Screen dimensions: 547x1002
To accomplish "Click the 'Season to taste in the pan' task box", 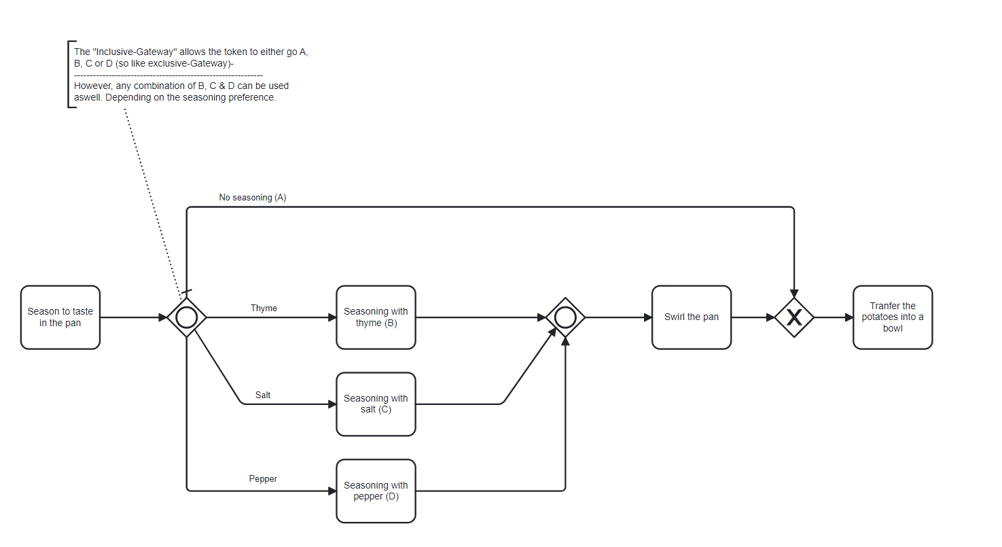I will point(60,317).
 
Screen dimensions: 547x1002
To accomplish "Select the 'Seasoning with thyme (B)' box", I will point(376,317).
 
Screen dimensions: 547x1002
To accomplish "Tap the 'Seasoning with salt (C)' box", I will point(376,404).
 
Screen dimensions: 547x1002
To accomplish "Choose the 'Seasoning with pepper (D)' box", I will point(376,491).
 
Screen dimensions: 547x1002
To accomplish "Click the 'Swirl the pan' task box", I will point(691,317).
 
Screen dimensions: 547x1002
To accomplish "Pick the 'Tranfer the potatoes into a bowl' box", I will point(893,317).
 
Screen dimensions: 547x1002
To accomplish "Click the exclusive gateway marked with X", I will point(794,317).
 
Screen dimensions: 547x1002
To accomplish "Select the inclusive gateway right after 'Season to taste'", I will point(187,317).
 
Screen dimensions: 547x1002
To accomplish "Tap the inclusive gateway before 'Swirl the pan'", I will point(565,317).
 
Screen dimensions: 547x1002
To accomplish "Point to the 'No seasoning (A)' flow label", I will point(253,198).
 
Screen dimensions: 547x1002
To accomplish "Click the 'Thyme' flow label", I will point(264,308).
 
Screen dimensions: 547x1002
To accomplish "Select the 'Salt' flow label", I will point(263,395).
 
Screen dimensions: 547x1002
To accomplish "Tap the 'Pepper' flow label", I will point(263,479).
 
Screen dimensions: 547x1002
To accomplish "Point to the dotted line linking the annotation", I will point(153,204).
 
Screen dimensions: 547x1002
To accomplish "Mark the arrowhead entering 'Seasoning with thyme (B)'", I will point(332,317).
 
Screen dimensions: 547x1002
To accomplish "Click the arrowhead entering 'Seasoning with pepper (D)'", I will point(332,491).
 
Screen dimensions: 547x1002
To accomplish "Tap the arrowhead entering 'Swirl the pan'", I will point(647,317).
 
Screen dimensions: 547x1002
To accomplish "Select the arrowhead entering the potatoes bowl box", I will point(848,317).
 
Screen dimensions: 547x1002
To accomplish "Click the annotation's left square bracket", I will point(69,75).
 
